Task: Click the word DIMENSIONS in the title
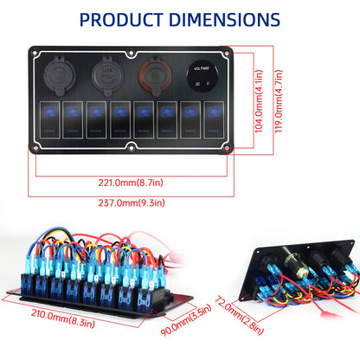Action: (227, 20)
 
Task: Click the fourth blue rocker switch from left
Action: (118, 118)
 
